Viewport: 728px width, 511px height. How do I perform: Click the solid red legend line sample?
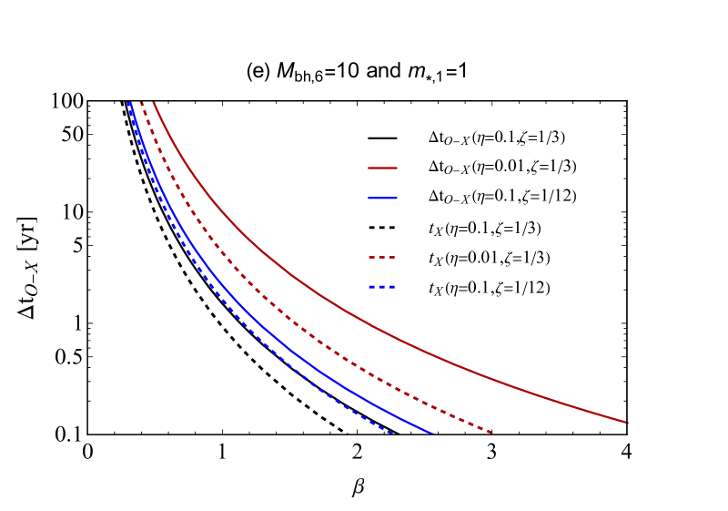382,168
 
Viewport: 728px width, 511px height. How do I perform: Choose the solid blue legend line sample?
382,198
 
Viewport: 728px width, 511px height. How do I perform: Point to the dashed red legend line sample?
382,258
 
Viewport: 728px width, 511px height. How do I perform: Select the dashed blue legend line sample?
382,288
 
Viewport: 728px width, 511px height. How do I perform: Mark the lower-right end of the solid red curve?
627,423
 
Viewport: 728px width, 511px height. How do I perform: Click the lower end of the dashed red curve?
491,432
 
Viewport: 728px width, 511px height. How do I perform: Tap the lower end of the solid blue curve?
432,433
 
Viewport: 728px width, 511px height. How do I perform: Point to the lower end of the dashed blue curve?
392,433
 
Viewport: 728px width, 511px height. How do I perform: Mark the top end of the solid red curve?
154,103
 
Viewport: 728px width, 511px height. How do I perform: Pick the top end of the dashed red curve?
141,103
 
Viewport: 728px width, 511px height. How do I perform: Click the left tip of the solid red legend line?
369,168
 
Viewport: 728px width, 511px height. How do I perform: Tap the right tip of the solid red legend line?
397,168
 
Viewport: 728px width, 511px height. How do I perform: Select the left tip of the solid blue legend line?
369,198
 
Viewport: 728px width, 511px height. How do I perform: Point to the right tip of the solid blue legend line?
397,198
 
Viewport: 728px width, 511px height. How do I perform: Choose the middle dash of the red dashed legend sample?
382,258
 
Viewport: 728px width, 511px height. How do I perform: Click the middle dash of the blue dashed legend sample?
382,288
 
